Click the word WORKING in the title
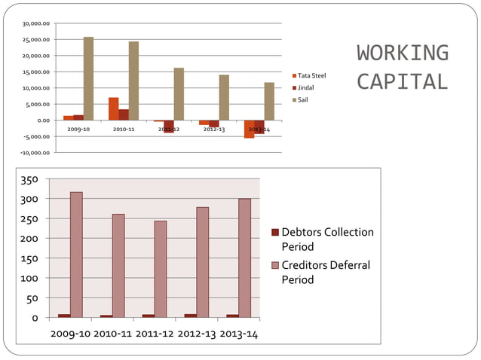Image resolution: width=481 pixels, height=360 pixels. click(x=403, y=53)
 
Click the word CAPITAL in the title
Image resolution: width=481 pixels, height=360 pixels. click(x=403, y=81)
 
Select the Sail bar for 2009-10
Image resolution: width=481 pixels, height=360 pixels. click(x=88, y=78)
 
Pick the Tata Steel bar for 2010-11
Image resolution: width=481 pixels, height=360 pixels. click(x=113, y=108)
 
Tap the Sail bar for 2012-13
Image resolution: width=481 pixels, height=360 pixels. click(x=224, y=97)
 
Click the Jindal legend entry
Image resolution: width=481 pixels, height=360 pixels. click(x=306, y=88)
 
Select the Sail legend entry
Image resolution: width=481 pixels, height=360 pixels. click(x=303, y=99)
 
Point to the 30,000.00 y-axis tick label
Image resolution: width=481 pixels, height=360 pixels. click(x=36, y=23)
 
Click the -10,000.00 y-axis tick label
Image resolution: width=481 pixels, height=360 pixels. click(x=35, y=152)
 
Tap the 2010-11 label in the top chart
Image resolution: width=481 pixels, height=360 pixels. click(x=124, y=130)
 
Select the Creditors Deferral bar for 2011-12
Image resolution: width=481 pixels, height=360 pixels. click(x=161, y=269)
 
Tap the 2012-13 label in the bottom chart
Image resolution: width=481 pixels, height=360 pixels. click(x=196, y=334)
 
